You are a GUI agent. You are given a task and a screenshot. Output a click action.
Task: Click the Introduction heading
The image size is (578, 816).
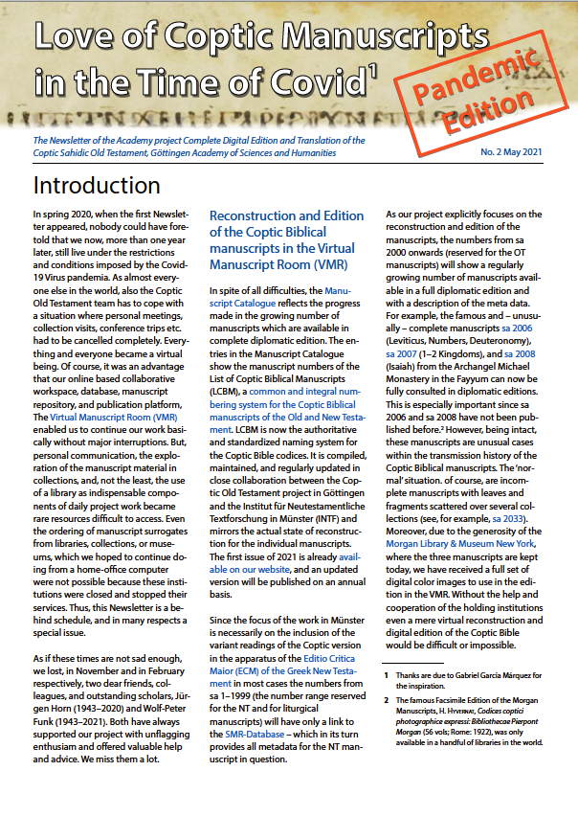point(97,185)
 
